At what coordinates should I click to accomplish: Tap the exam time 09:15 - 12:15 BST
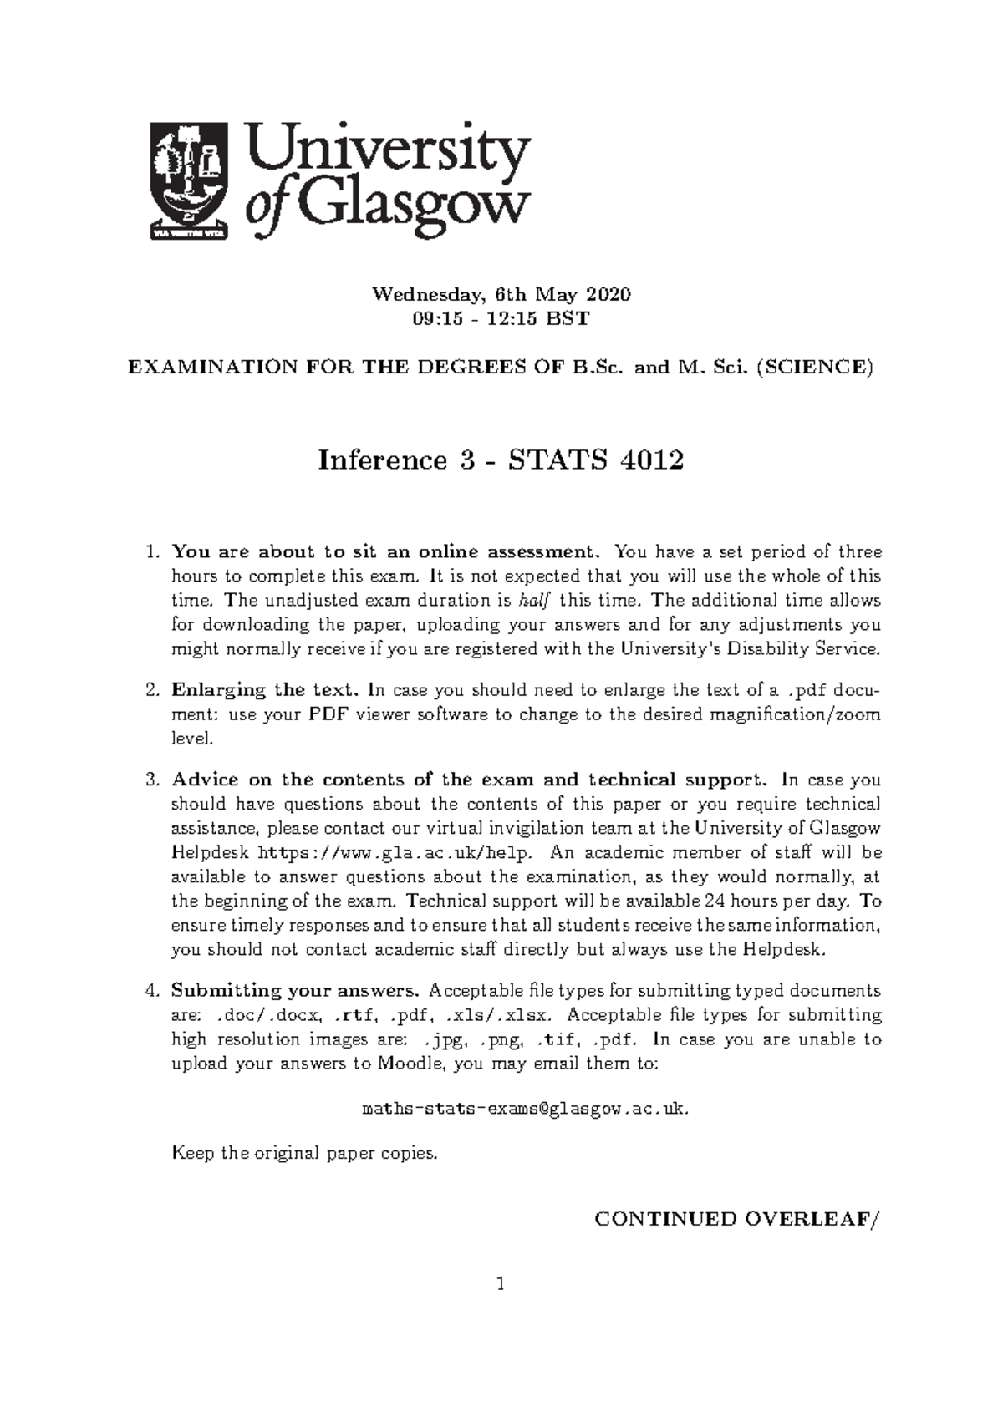click(x=501, y=318)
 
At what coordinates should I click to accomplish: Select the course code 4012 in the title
click(x=652, y=460)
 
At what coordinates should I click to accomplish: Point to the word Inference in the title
click(x=382, y=460)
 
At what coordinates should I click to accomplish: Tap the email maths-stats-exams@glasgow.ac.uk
click(x=527, y=1109)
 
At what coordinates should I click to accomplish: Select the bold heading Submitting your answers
click(x=295, y=991)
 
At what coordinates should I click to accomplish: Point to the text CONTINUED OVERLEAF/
click(x=737, y=1219)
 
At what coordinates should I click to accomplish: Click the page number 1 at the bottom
click(x=501, y=1308)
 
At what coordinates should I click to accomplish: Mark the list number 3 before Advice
click(x=152, y=780)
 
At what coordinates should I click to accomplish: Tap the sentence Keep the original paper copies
click(x=304, y=1154)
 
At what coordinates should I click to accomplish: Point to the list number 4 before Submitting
click(x=152, y=991)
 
